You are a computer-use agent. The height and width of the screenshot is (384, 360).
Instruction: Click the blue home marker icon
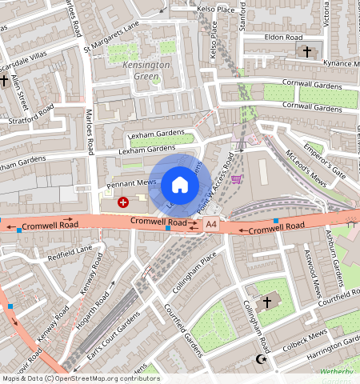click(180, 185)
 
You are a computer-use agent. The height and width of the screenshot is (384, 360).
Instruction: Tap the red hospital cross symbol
click(122, 203)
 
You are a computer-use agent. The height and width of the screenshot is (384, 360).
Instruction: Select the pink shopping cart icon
click(236, 178)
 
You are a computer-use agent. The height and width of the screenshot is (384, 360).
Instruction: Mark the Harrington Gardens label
click(323, 346)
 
